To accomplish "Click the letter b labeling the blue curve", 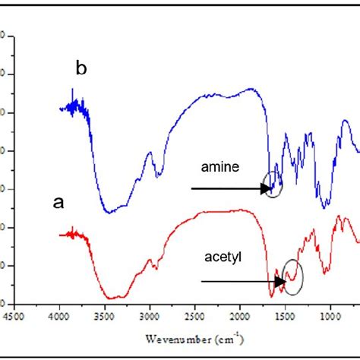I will (x=82, y=69).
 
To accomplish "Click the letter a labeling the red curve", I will (x=57, y=203).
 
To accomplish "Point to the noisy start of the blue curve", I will (x=73, y=106).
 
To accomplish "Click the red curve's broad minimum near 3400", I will (x=114, y=296).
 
